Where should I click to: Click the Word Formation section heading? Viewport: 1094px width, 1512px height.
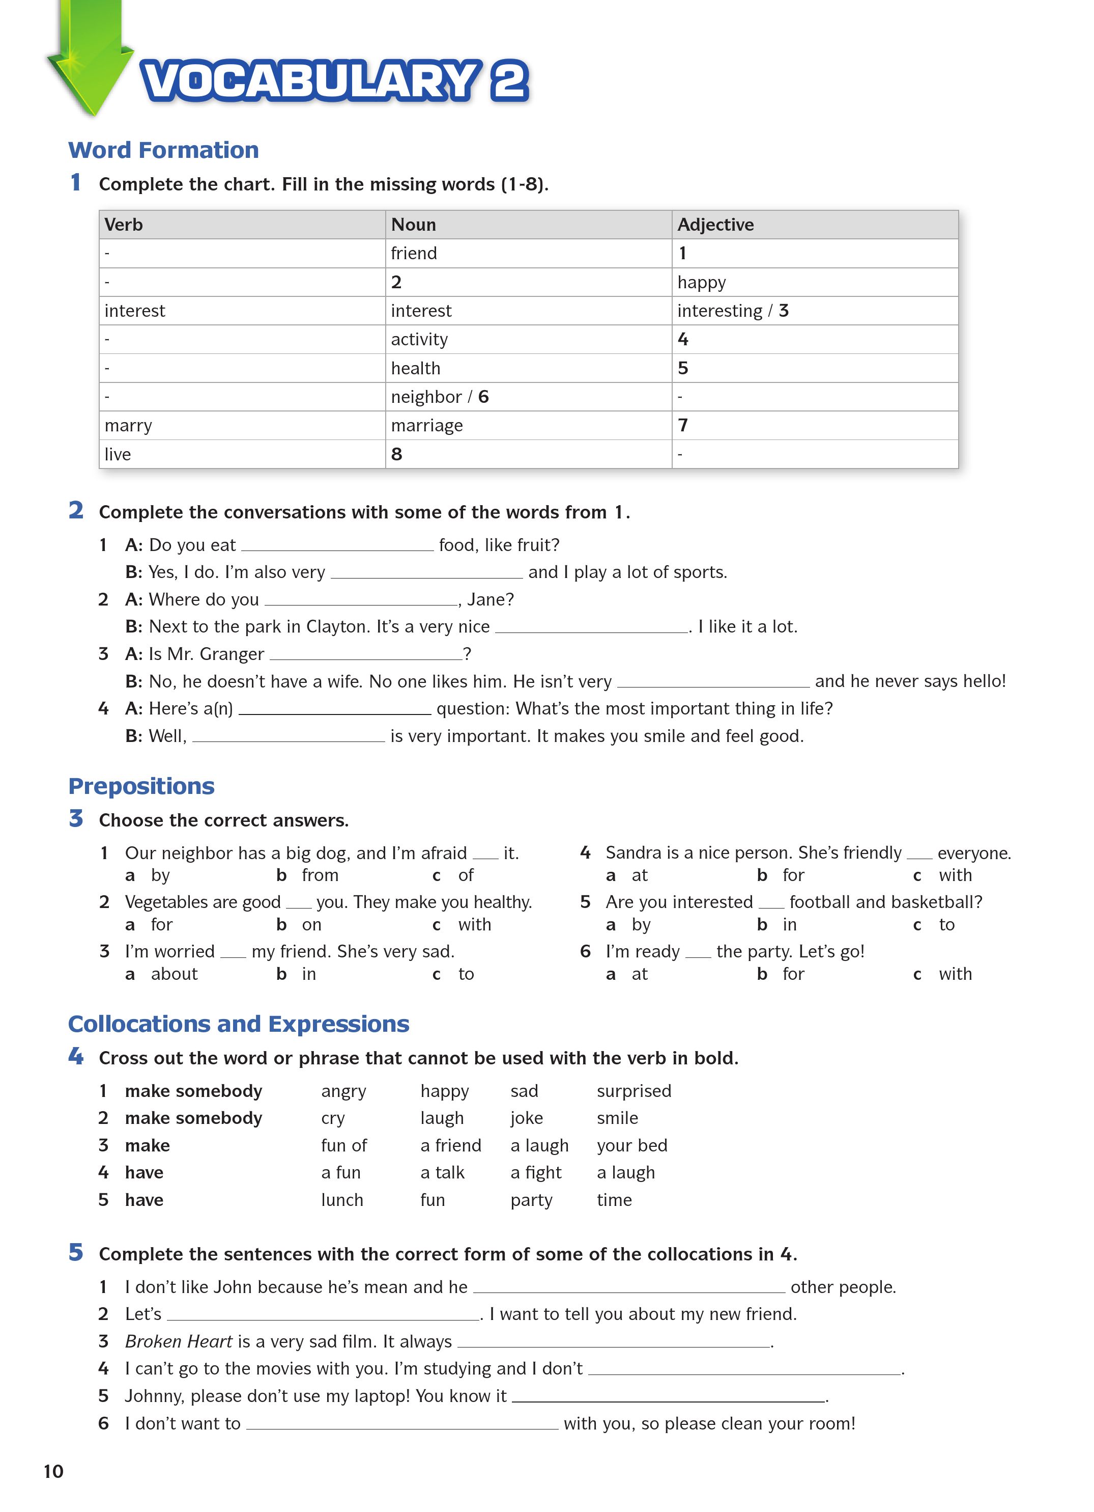click(x=163, y=150)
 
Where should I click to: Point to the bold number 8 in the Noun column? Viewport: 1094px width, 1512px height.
click(x=396, y=454)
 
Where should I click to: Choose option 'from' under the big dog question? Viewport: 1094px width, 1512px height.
click(x=320, y=875)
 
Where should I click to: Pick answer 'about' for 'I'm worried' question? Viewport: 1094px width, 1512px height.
click(x=174, y=974)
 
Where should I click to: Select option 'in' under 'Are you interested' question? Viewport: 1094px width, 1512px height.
click(x=790, y=925)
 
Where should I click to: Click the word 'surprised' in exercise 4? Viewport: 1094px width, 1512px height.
click(x=634, y=1091)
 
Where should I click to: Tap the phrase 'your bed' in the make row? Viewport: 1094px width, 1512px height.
click(x=631, y=1145)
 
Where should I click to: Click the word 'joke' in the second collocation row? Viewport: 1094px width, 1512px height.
click(x=526, y=1118)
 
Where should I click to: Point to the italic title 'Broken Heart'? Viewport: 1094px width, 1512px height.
click(x=179, y=1341)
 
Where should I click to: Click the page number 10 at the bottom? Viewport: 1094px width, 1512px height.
click(x=53, y=1471)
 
